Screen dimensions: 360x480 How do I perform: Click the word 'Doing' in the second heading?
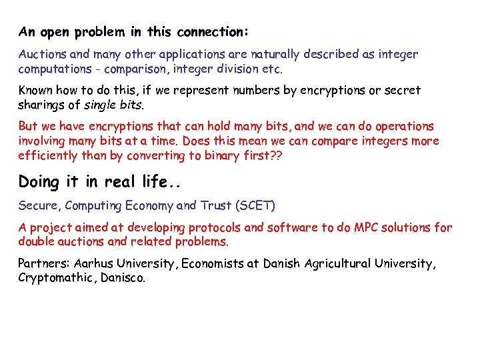pos(39,182)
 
